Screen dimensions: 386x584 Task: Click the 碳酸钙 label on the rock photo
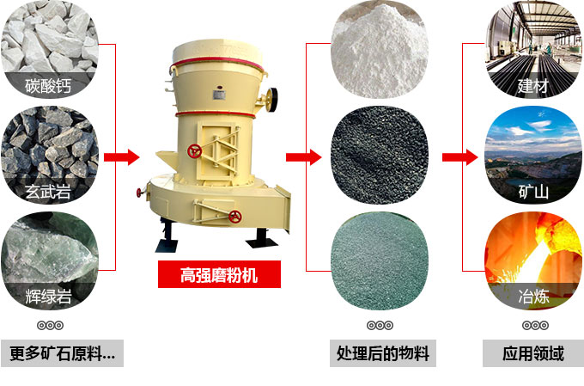pos(48,85)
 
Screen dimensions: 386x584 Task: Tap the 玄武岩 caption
pos(48,191)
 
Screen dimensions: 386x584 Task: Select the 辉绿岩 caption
pos(48,297)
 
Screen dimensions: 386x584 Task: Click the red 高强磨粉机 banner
pos(219,275)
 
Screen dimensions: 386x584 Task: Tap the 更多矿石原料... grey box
pos(62,353)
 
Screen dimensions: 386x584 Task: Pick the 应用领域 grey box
pos(534,353)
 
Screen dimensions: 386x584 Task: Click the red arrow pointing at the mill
pos(122,156)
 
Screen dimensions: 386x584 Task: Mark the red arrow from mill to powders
pos(302,156)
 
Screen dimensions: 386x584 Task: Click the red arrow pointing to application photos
pos(459,156)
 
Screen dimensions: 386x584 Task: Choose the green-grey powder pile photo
pos(380,262)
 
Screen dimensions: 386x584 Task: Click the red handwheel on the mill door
pos(196,151)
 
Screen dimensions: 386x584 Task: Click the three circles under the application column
pos(534,325)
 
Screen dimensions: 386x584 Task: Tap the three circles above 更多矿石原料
pos(49,325)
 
